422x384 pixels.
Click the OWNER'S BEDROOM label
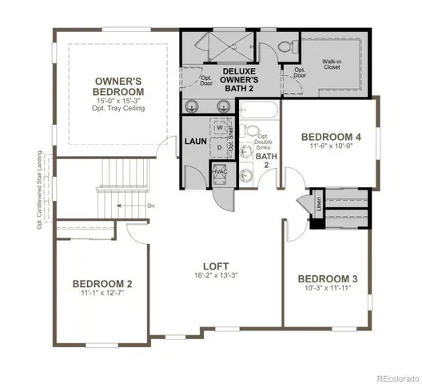[119, 86]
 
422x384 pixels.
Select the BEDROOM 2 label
[102, 283]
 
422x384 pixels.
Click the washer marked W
[220, 127]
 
